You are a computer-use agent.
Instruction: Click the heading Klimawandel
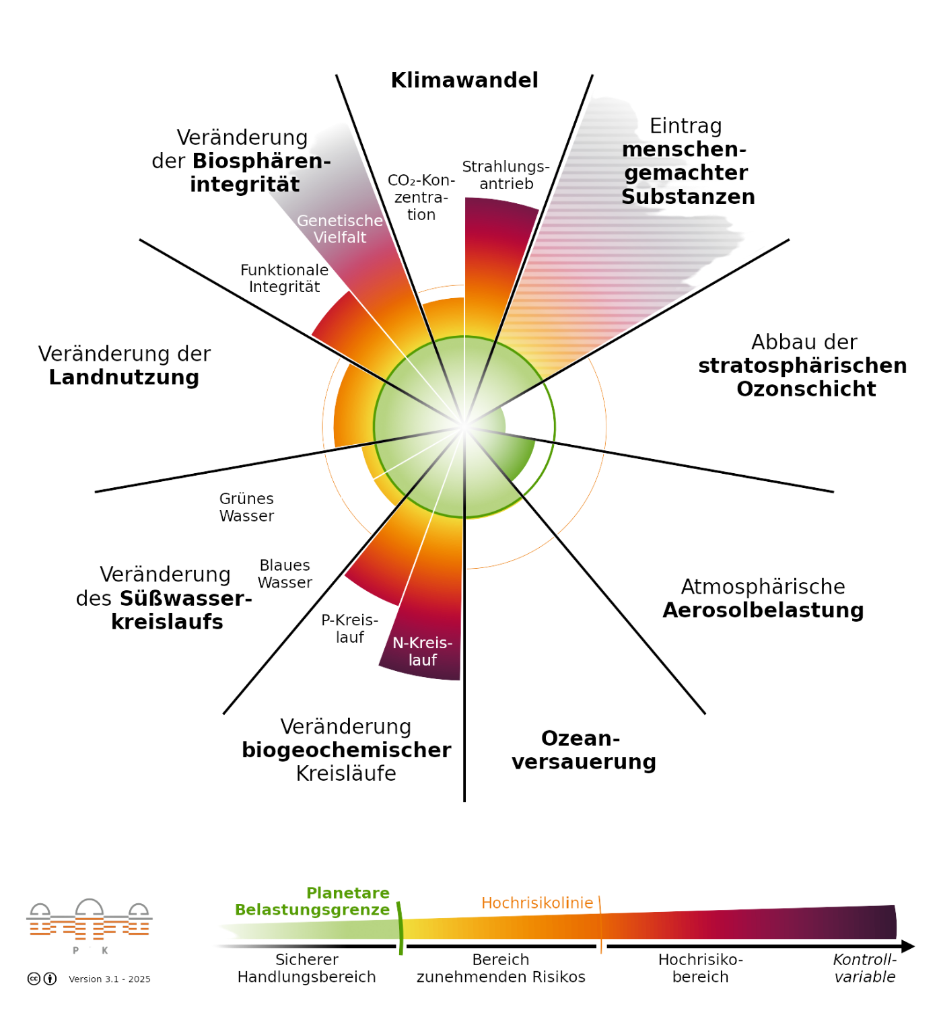coord(464,80)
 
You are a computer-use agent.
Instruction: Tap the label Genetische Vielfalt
coord(340,228)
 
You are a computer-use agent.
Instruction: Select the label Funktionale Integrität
coord(284,278)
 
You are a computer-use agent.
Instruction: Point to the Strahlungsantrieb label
coord(506,175)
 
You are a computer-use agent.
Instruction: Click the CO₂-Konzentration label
coord(421,197)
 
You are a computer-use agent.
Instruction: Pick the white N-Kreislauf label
coord(422,651)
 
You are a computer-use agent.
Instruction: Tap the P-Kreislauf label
coord(350,629)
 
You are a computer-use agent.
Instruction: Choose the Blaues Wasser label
coord(285,573)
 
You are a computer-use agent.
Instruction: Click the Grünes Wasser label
coord(246,507)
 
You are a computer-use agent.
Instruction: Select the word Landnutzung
coord(124,378)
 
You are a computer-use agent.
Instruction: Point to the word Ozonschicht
coord(806,388)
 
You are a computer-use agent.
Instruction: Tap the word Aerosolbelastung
coord(763,610)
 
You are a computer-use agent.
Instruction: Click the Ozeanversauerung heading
coord(584,750)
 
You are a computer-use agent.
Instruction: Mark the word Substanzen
coord(688,197)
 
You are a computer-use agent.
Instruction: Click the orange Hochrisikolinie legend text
coord(537,903)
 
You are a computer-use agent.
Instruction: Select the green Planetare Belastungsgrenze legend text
coord(312,901)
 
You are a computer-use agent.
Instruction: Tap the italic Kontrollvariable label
coord(864,968)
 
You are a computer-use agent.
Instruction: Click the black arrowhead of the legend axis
coord(908,946)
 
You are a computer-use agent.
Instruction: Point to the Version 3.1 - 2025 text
coord(110,979)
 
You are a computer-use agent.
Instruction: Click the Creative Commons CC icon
coord(34,979)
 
